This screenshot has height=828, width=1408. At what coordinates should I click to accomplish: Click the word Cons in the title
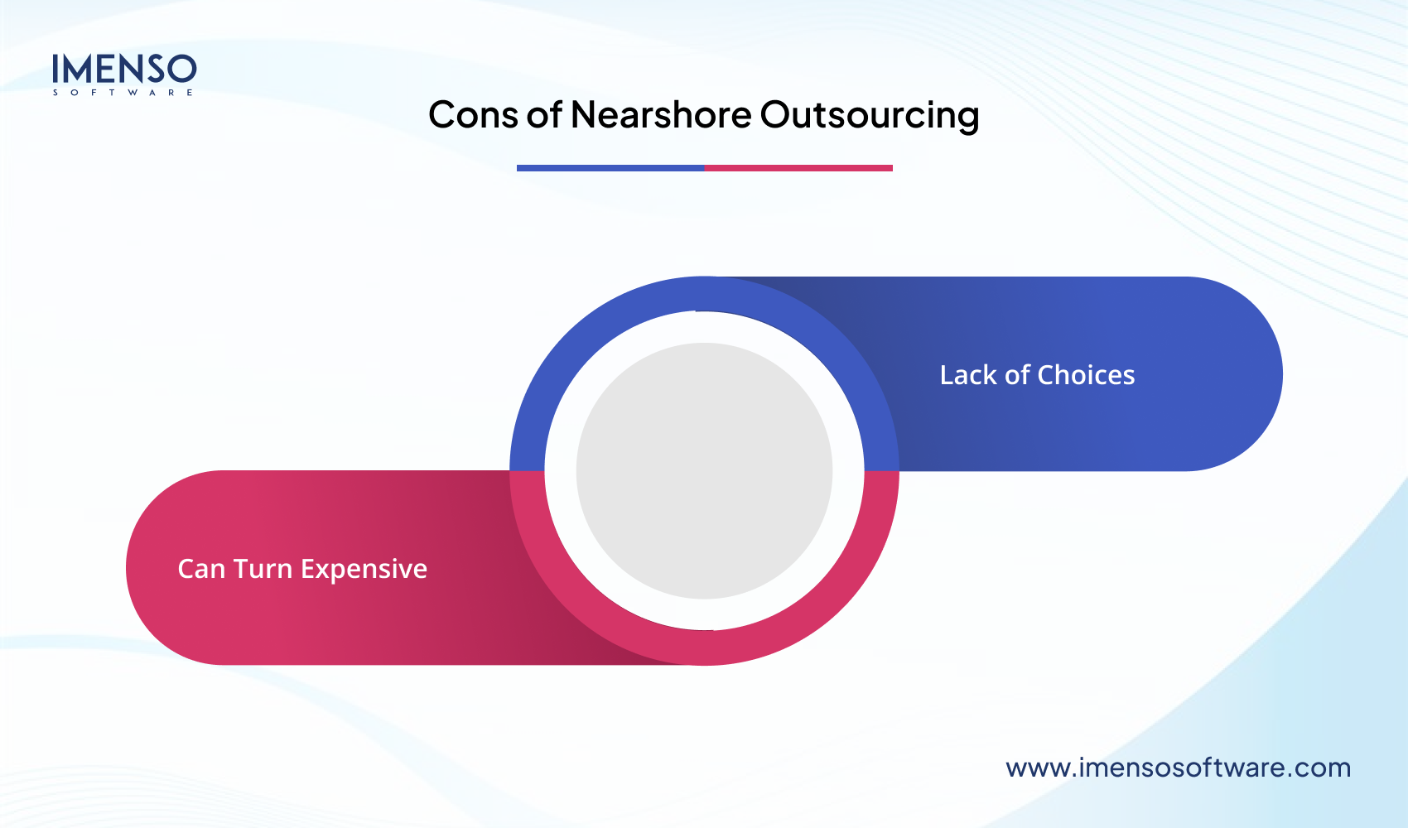click(x=473, y=115)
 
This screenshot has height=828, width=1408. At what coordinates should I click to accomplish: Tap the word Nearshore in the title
click(x=661, y=115)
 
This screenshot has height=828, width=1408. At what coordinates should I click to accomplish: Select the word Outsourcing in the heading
click(x=870, y=115)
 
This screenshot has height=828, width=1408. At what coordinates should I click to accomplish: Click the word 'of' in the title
click(x=544, y=115)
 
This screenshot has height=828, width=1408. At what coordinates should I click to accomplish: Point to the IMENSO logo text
click(x=124, y=69)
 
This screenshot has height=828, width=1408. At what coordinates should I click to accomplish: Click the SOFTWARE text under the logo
click(x=123, y=93)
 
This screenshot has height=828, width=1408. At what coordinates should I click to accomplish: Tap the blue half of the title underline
click(x=610, y=168)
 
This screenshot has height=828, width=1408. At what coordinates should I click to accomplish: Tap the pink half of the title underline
click(x=798, y=168)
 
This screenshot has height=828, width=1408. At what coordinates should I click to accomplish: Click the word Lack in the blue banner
click(x=968, y=375)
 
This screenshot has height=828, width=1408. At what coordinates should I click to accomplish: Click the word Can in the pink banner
click(x=201, y=569)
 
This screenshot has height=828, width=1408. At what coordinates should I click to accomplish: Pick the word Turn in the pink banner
click(x=263, y=569)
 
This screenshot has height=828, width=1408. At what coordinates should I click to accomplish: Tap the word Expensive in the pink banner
click(x=364, y=569)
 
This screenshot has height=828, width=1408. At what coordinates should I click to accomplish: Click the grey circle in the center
click(x=704, y=470)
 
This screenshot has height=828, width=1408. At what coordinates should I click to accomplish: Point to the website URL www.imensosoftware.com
click(x=1178, y=768)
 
